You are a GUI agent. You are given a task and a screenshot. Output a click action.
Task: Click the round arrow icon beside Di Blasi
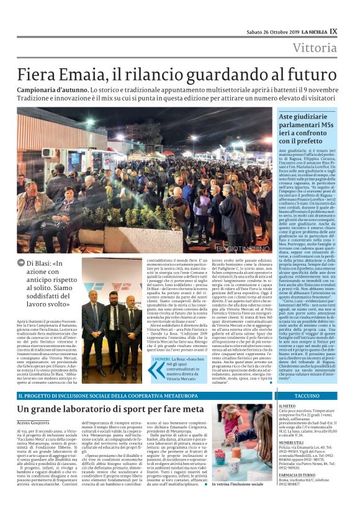[22, 264]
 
